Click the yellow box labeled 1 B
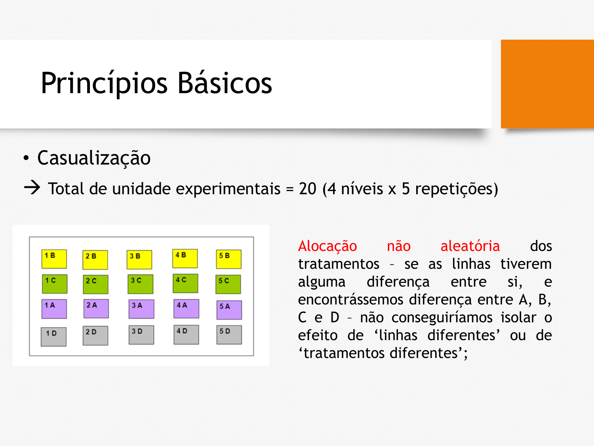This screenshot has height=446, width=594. pos(54,259)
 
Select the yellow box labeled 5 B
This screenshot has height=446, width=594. pos(228,259)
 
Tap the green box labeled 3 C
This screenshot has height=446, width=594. pos(141,284)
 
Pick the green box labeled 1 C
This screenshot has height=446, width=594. pos(55,284)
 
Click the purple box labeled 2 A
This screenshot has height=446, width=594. pos(96,308)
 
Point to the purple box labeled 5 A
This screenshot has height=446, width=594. pos(229,310)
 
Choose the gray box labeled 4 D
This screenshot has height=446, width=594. pos(186,335)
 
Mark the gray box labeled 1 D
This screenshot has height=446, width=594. pos(53,337)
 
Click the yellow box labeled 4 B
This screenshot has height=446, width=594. pos(185,258)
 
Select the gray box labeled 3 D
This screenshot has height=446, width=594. pos(141,335)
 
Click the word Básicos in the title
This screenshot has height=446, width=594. pos(225,83)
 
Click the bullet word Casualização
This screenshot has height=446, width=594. pos(93,158)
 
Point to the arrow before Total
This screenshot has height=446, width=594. pos(32,188)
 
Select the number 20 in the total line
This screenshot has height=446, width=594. pos(307,188)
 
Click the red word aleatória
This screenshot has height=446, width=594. pos(470,246)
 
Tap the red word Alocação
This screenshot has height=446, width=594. pos(327,247)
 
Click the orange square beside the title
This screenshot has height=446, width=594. pos(547,84)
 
